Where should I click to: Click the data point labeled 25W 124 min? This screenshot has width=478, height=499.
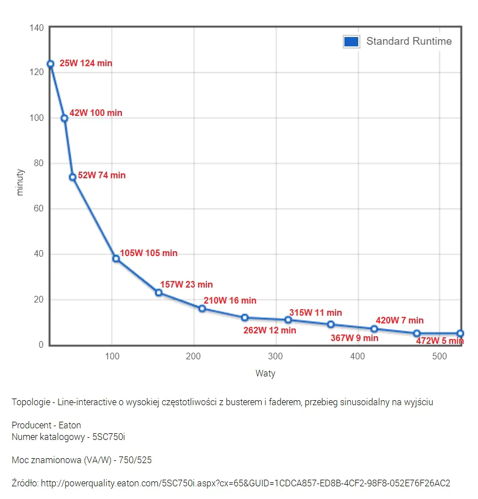[51, 64]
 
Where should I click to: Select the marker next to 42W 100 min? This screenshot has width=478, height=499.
[64, 118]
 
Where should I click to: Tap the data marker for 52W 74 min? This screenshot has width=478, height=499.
[72, 177]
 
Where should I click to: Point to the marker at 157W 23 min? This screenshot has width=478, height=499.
[158, 293]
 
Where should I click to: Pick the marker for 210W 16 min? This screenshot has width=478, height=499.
[202, 309]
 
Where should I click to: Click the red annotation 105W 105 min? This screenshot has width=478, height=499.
[148, 253]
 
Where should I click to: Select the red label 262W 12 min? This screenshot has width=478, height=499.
[270, 330]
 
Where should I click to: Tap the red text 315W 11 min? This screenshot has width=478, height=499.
[316, 312]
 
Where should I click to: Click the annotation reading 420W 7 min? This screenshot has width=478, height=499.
[400, 320]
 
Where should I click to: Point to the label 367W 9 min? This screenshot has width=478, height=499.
[354, 338]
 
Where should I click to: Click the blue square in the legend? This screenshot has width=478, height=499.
[352, 42]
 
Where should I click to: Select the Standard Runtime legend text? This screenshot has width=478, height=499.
[409, 41]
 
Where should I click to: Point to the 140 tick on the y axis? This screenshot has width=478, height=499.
[36, 28]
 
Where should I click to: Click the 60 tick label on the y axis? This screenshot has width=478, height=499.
[39, 209]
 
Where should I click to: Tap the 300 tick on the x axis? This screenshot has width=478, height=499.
[275, 357]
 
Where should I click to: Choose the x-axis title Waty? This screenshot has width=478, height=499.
[265, 374]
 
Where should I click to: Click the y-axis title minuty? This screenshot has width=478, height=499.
[20, 182]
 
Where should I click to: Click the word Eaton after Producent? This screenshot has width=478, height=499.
[70, 426]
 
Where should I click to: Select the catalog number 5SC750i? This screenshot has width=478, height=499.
[109, 437]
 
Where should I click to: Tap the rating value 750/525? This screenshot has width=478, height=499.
[135, 460]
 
